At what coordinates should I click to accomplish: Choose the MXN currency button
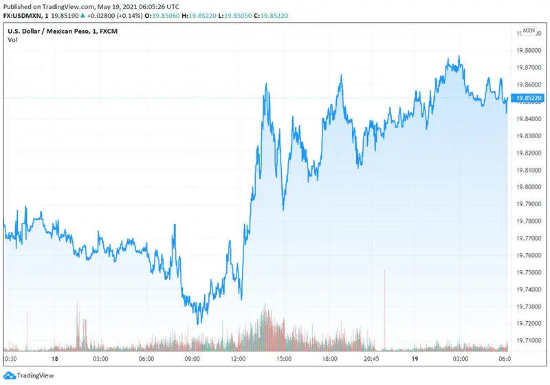(x=528, y=30)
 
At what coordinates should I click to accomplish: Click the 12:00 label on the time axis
(x=238, y=359)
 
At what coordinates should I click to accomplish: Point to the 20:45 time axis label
(x=370, y=359)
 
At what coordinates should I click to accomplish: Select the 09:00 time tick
(x=192, y=359)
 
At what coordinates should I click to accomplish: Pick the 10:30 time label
(x=11, y=359)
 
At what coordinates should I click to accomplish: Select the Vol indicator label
(x=12, y=40)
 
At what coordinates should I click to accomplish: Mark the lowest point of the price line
(x=198, y=323)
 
